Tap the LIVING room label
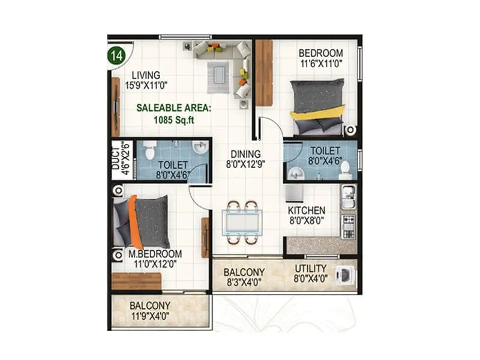[146, 75]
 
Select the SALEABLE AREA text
[173, 109]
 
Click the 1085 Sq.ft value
[173, 119]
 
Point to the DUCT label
[116, 159]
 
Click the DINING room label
[245, 154]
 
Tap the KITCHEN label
[306, 211]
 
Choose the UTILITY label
[310, 268]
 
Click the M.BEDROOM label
[155, 254]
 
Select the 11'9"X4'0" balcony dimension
[150, 315]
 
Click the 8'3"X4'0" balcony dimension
[244, 281]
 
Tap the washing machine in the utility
[345, 274]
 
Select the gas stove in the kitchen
[348, 226]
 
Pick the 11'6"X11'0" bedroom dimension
[321, 63]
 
